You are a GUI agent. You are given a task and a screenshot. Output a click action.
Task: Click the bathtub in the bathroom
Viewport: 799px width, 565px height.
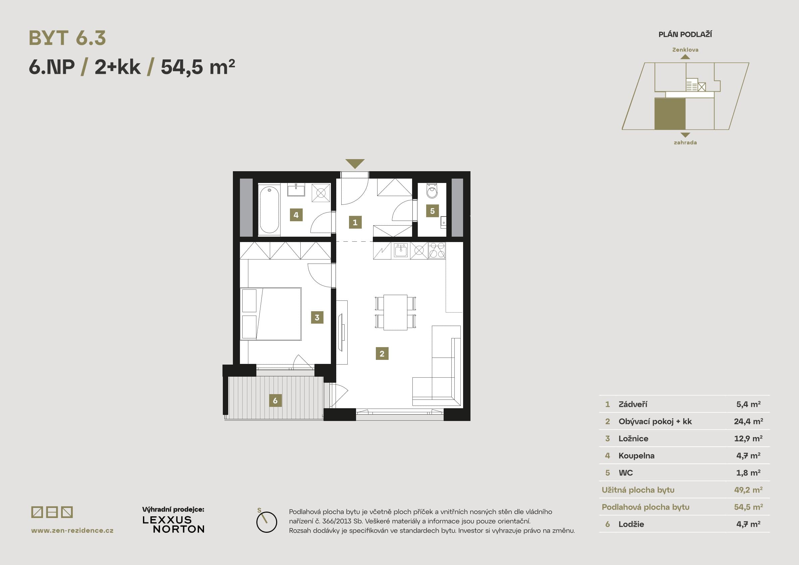[x=269, y=209]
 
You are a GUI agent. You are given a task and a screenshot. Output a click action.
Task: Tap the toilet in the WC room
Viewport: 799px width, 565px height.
[x=432, y=191]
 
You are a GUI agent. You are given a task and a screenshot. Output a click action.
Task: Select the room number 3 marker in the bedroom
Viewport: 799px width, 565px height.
[x=317, y=318]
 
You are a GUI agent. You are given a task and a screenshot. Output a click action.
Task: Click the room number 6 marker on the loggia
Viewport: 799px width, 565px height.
[x=275, y=401]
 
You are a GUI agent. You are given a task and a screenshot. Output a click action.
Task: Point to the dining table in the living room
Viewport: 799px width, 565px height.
[x=395, y=312]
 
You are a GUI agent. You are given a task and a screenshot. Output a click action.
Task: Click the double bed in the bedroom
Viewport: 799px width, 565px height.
[x=271, y=314]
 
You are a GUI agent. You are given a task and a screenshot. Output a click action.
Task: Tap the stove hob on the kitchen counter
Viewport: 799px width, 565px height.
[x=437, y=250]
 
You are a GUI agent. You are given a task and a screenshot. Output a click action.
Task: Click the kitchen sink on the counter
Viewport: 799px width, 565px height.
[x=401, y=250]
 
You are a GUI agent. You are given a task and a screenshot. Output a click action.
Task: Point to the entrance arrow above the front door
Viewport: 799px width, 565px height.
[x=355, y=163]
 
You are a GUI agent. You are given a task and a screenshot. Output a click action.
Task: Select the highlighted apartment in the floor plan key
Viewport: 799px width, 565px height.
[x=670, y=114]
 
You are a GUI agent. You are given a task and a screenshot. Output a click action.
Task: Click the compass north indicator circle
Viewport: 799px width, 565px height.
[x=266, y=522]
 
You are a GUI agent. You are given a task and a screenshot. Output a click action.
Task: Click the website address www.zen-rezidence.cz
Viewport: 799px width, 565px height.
[x=72, y=530]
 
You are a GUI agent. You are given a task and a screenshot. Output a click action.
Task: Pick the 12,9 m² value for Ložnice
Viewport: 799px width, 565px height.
[x=748, y=438]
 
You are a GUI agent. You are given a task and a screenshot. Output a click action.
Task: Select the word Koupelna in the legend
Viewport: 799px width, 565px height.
[x=637, y=456]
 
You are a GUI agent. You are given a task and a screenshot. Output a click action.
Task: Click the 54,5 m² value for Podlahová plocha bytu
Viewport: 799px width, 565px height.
[x=749, y=507]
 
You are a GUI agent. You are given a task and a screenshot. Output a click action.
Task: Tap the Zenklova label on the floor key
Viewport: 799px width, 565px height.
[x=685, y=50]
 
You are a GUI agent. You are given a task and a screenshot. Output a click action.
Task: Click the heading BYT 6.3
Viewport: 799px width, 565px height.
[x=67, y=38]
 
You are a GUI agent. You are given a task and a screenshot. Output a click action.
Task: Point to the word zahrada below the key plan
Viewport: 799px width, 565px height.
[x=685, y=142]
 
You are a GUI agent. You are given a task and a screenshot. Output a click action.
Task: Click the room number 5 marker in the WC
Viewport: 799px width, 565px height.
[x=432, y=210]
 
